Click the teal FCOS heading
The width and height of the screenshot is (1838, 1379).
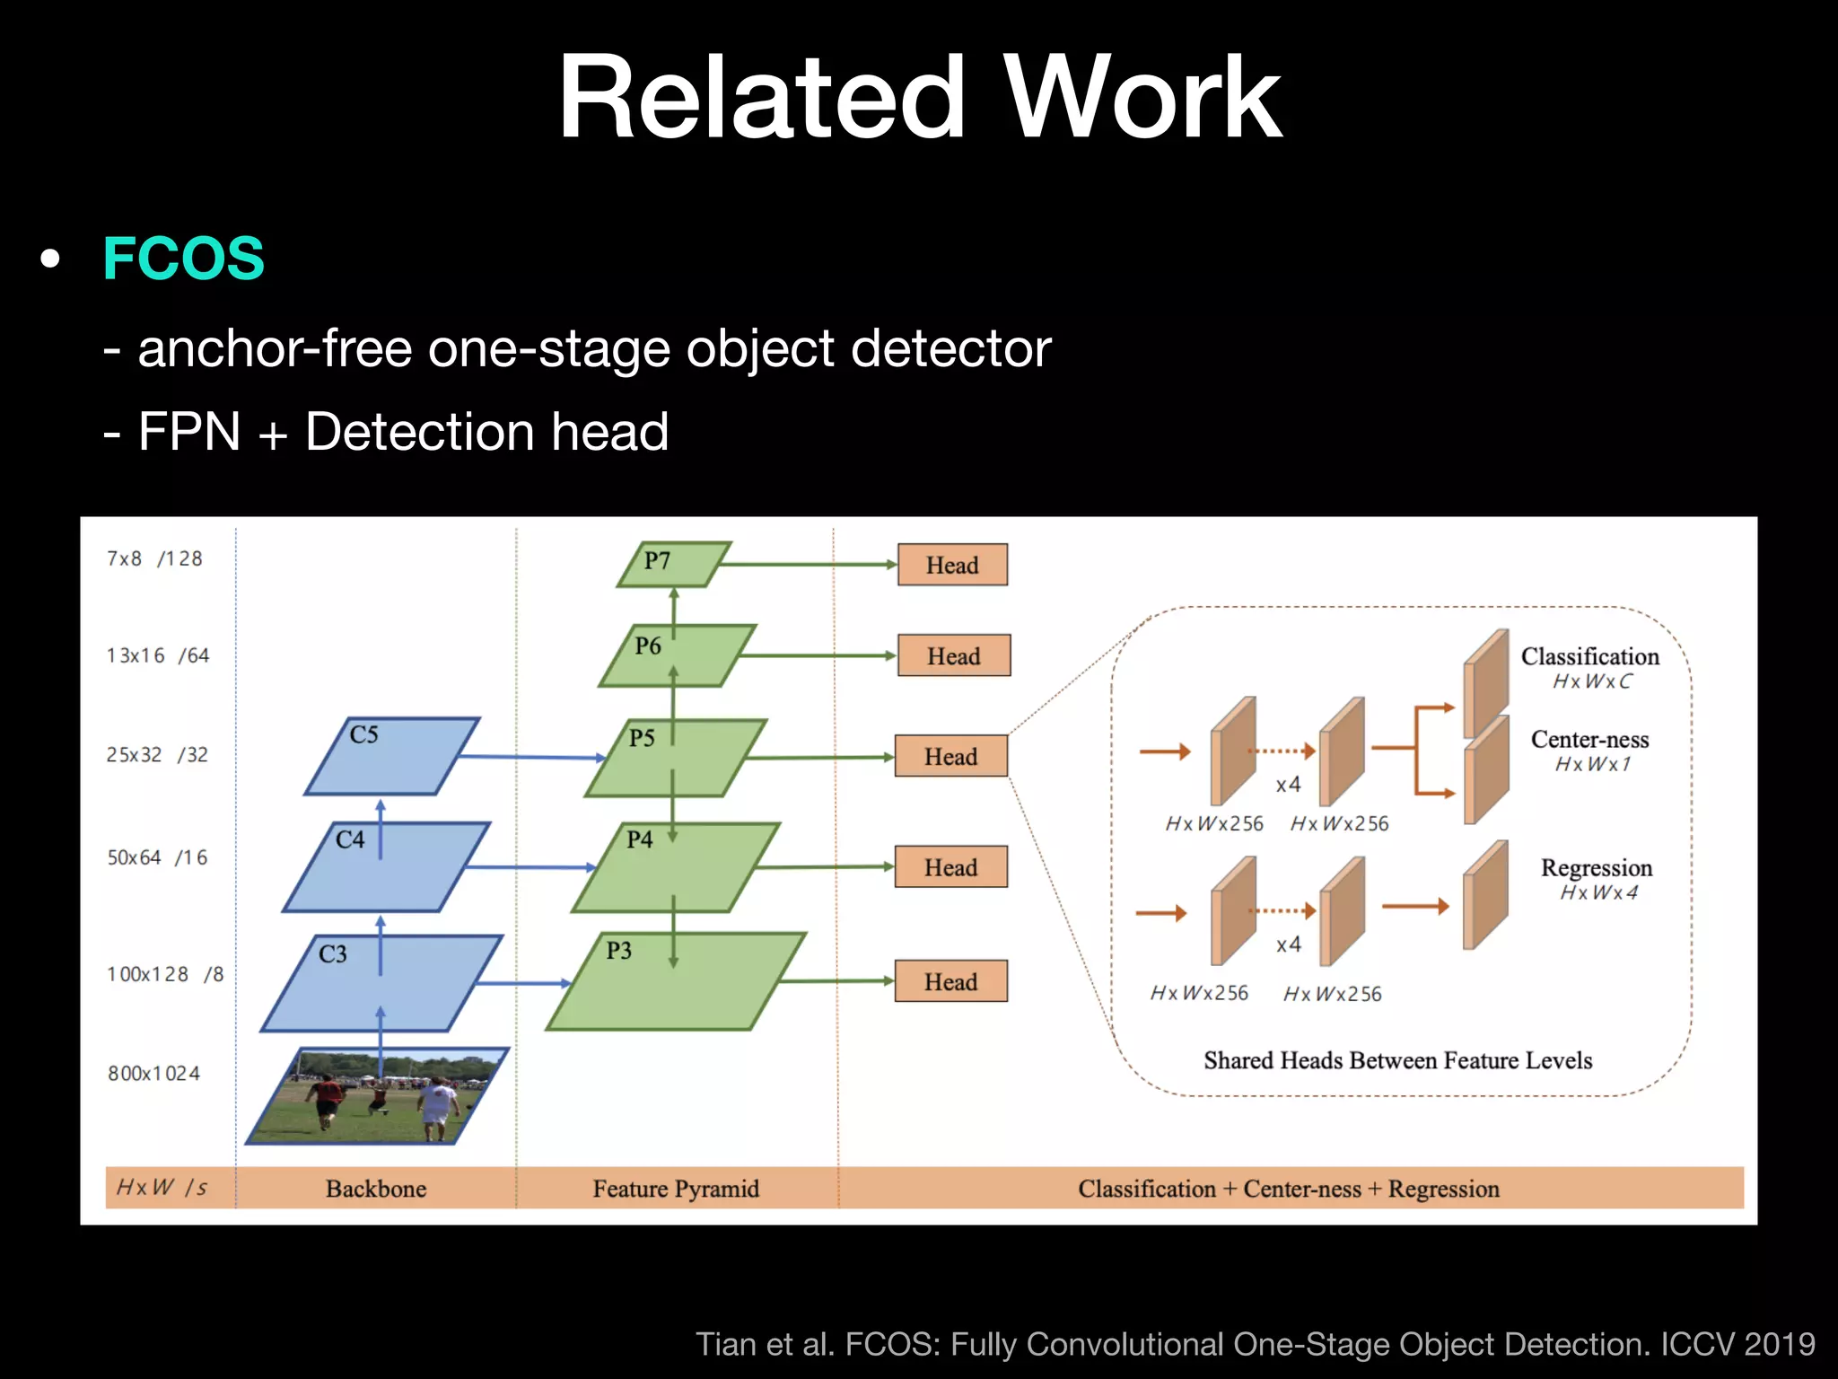184,259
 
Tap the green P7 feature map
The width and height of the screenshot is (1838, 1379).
673,564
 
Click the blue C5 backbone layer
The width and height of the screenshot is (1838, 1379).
392,756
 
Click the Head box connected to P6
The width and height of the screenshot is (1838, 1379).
953,656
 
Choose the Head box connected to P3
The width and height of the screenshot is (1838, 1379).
950,981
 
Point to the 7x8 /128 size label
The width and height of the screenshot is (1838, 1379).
154,558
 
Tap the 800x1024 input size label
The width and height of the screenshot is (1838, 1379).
153,1073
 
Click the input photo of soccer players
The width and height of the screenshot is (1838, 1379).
377,1097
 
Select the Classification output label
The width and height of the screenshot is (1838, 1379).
1589,656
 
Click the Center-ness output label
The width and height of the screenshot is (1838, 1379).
1589,739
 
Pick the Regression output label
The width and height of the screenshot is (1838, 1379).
1596,867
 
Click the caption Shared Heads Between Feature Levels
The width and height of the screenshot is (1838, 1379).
1397,1060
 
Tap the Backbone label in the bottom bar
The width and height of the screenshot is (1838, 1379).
375,1189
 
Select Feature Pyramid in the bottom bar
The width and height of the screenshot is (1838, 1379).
675,1189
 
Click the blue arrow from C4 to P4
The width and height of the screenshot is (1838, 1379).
530,866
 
